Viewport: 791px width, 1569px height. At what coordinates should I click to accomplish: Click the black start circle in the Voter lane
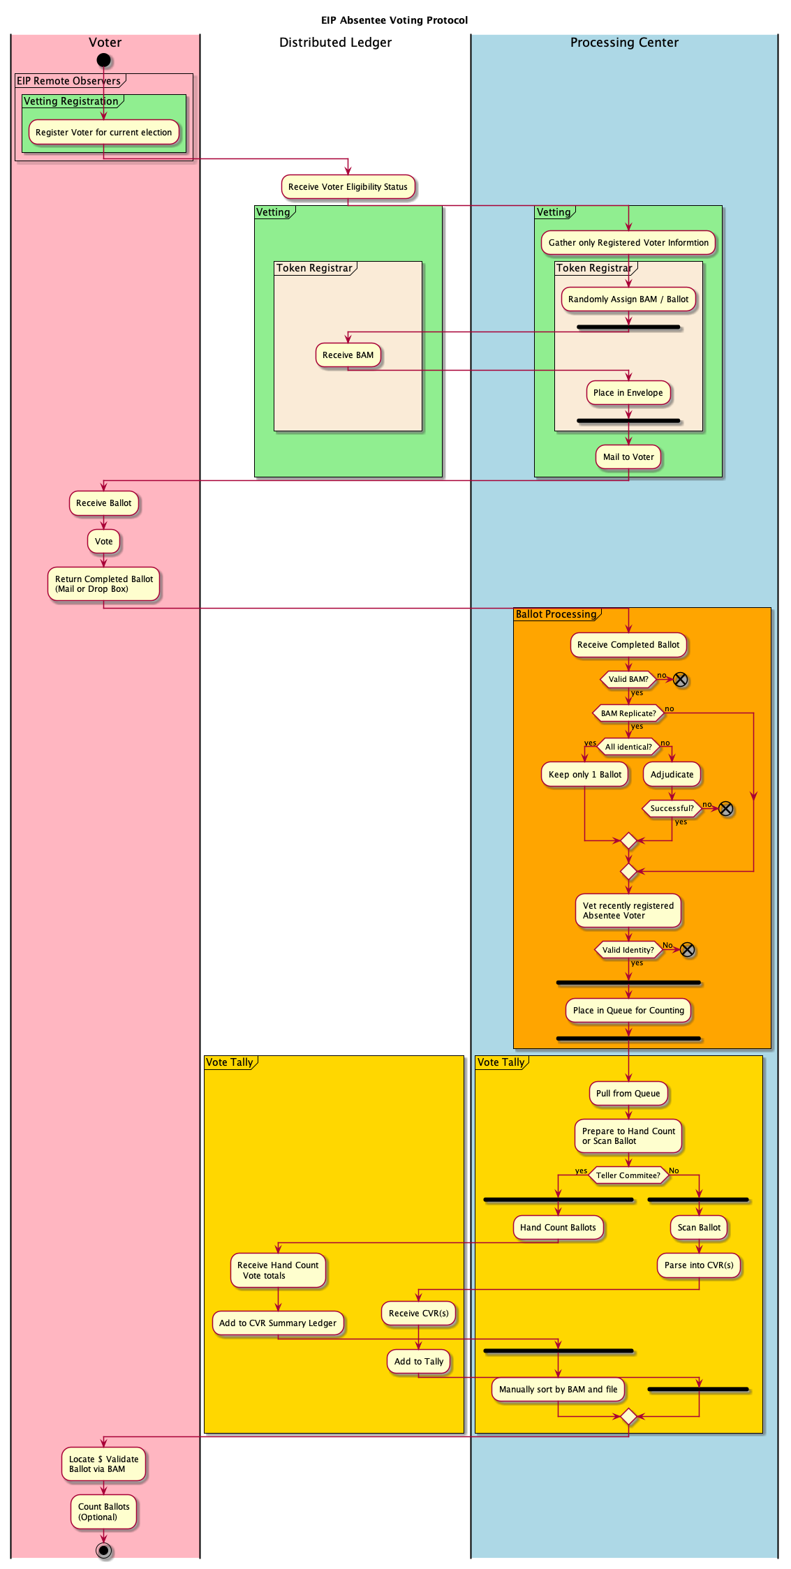point(103,60)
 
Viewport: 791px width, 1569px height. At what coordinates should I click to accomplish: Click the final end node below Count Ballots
point(103,1551)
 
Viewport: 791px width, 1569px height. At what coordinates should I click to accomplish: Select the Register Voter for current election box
point(103,132)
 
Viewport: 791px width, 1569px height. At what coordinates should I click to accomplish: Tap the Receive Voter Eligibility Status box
point(348,186)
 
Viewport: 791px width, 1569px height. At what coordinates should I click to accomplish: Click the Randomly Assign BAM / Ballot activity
point(628,299)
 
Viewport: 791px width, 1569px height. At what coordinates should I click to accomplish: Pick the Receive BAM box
point(348,355)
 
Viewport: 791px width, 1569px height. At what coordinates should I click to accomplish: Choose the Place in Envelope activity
point(628,392)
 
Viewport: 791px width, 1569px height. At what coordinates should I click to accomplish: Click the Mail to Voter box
point(628,456)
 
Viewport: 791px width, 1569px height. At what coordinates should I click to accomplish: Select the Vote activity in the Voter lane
point(103,541)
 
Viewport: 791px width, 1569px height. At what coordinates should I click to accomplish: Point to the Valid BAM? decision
point(628,679)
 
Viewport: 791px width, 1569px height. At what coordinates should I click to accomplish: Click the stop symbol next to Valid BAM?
point(680,680)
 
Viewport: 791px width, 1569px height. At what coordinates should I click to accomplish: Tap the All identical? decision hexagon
point(628,747)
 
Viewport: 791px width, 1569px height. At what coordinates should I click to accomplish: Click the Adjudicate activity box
point(672,774)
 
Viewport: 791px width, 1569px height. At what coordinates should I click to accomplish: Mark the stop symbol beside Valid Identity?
point(687,950)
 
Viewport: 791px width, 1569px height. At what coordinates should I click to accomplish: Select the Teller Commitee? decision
point(628,1175)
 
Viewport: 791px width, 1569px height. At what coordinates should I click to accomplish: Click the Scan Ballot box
point(699,1227)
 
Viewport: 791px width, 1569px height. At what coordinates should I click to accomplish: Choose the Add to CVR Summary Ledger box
point(277,1323)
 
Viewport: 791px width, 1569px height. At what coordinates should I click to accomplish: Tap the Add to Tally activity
point(418,1361)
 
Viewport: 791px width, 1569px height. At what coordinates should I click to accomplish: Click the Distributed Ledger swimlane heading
point(335,43)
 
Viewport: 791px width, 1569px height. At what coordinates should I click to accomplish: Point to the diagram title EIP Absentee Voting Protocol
point(394,20)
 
